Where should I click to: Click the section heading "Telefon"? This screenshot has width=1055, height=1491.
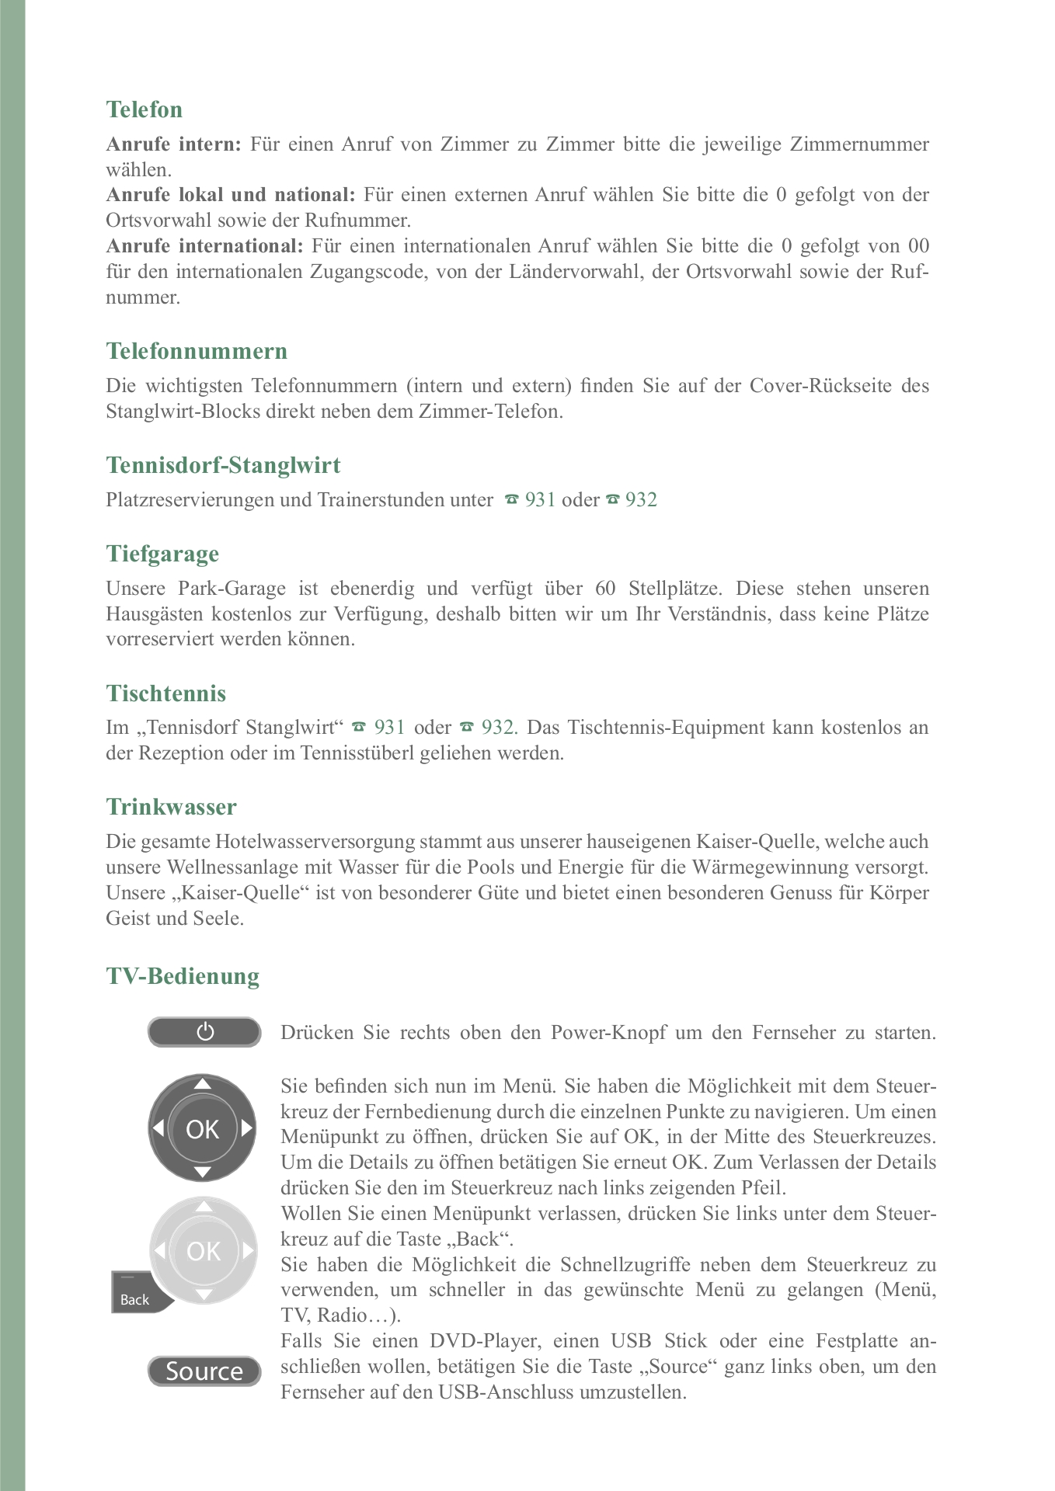coord(144,109)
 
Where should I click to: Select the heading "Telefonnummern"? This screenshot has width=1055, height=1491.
coord(197,351)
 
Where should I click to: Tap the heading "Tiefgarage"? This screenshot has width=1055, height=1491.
coord(162,554)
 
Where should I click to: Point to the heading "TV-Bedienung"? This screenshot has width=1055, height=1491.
coord(183,976)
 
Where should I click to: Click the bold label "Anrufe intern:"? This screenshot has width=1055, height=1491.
coord(174,144)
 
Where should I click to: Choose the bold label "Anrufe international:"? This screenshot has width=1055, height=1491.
coord(204,246)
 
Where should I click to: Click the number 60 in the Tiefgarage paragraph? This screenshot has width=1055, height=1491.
coord(606,589)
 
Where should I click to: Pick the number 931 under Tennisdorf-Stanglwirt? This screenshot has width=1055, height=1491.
coord(540,500)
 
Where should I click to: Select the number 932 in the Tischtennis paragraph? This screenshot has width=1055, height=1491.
coord(498,728)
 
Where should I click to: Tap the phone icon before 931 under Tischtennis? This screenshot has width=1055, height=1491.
coord(358,728)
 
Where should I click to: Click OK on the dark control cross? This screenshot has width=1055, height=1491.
coord(202,1129)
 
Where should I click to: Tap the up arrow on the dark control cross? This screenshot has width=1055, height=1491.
coord(202,1084)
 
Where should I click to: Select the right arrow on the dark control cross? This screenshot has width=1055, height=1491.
coord(247,1128)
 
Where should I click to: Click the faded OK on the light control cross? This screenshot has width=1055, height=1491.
coord(204,1251)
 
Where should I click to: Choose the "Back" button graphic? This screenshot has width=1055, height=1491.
coord(138,1298)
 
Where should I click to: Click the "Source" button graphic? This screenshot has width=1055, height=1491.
coord(204,1371)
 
